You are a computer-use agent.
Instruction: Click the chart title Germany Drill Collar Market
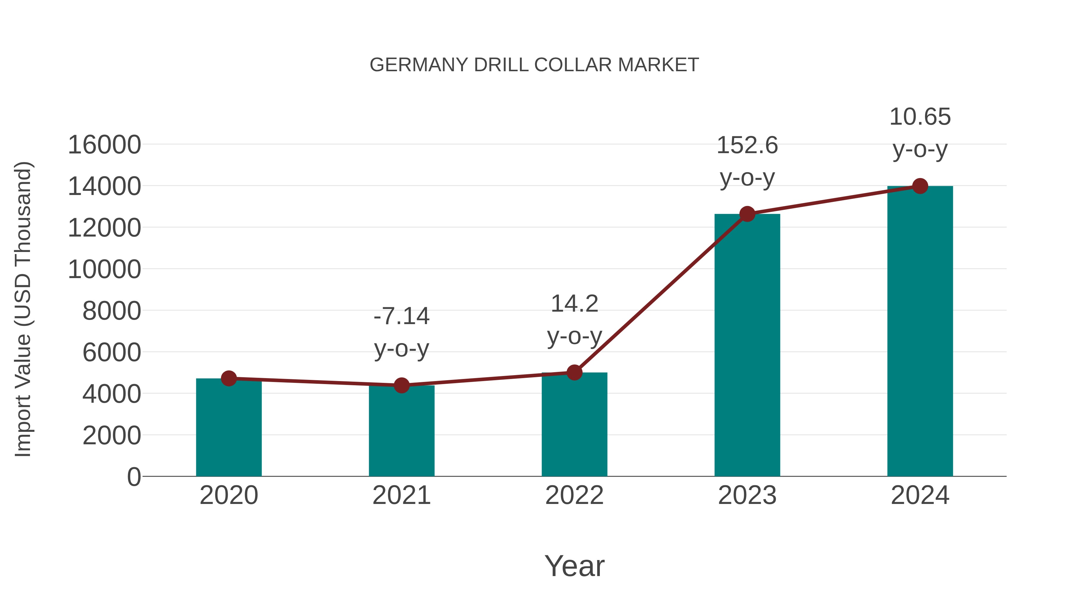(x=534, y=65)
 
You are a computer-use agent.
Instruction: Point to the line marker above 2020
(x=229, y=378)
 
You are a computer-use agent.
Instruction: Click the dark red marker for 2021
(x=401, y=385)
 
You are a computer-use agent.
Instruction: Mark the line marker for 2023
(x=747, y=214)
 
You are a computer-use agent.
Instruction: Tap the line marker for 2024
(x=920, y=186)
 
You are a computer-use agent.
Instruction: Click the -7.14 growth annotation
(x=401, y=316)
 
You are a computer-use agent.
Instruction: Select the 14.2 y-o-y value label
(x=574, y=304)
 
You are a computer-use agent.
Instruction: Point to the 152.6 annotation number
(x=747, y=146)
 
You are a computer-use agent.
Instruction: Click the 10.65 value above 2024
(x=920, y=117)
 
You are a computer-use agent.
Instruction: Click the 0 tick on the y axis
(x=134, y=477)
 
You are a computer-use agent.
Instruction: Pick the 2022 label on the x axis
(x=574, y=495)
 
